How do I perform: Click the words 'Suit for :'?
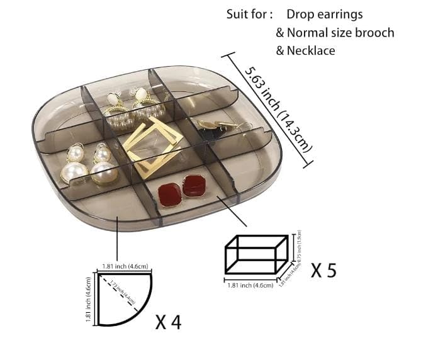pos(250,14)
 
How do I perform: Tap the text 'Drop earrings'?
pos(324,14)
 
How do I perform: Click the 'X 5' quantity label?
pos(323,270)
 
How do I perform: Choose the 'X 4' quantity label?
pos(168,322)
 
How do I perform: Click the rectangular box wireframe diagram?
pos(256,256)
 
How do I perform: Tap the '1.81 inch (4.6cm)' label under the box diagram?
pos(249,285)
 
